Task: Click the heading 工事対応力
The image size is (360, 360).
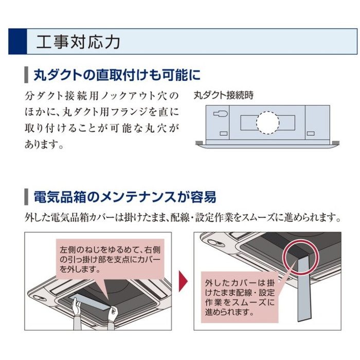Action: pos(78,42)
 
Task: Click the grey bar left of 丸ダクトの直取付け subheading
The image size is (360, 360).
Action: pos(26,76)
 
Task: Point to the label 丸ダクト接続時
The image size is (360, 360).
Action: pos(224,96)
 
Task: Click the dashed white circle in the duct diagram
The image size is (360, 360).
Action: pos(267,122)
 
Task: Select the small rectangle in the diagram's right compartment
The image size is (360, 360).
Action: pos(311,133)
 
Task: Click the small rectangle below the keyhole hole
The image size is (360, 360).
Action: pos(223,134)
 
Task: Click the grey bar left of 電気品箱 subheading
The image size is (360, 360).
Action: pos(26,197)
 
